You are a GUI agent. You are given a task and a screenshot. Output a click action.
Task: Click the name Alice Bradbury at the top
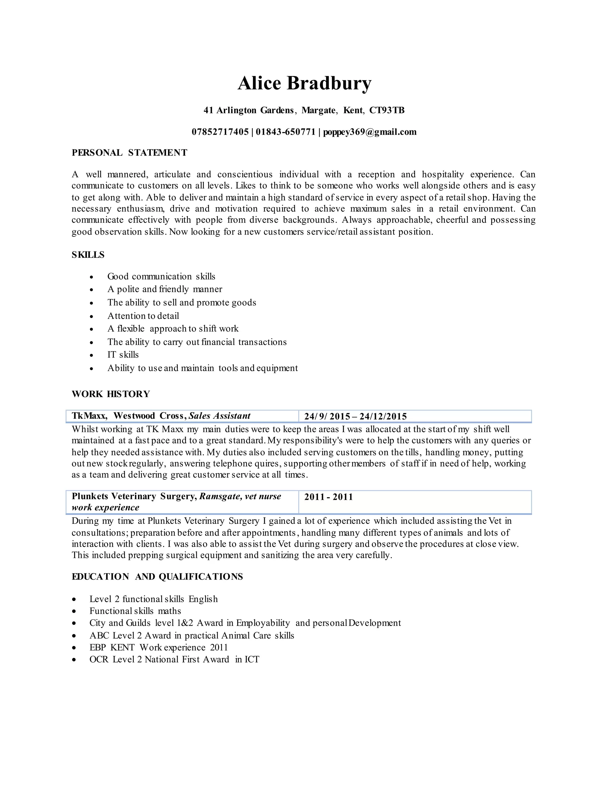304,84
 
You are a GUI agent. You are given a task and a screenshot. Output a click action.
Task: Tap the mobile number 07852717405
220,132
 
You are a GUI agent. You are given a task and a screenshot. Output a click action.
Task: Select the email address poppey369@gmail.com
370,132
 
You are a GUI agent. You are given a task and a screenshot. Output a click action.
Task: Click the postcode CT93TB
387,110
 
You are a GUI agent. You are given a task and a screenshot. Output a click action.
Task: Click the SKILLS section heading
88,255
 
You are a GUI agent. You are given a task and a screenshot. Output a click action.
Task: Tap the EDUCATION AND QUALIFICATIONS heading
157,577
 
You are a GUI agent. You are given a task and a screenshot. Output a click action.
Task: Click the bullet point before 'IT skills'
91,355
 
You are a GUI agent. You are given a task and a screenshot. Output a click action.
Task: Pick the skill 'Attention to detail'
143,316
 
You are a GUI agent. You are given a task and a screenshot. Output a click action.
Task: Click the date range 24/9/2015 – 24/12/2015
355,416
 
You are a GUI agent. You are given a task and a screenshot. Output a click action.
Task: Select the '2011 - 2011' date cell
328,497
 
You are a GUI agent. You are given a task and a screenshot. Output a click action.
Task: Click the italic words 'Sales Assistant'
219,416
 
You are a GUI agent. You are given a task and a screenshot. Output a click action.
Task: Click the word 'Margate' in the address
319,110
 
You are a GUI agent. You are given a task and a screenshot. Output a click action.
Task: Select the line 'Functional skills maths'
135,611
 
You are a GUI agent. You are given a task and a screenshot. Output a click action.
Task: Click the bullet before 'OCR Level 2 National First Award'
74,660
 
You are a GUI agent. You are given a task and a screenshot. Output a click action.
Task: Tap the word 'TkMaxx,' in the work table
89,416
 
